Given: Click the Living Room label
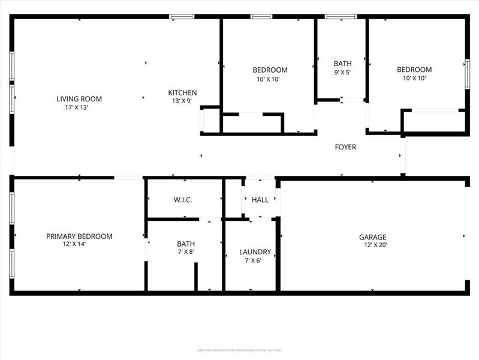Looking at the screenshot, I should [x=79, y=99].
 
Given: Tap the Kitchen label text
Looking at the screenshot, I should [x=182, y=93].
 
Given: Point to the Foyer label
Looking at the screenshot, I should [x=345, y=147].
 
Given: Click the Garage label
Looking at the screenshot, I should [x=372, y=237].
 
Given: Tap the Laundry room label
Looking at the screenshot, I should [x=255, y=252].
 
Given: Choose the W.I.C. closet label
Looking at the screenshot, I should [x=183, y=200].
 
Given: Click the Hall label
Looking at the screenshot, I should [x=260, y=200].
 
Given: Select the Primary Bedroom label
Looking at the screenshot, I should [x=79, y=236].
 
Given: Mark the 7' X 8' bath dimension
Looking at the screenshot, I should [x=185, y=252].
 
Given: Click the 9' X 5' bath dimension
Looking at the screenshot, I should [x=342, y=73].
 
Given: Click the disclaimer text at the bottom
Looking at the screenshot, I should [x=239, y=350].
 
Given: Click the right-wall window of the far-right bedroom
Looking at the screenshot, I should [x=468, y=74].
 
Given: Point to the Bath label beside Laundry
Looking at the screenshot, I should [x=185, y=244].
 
